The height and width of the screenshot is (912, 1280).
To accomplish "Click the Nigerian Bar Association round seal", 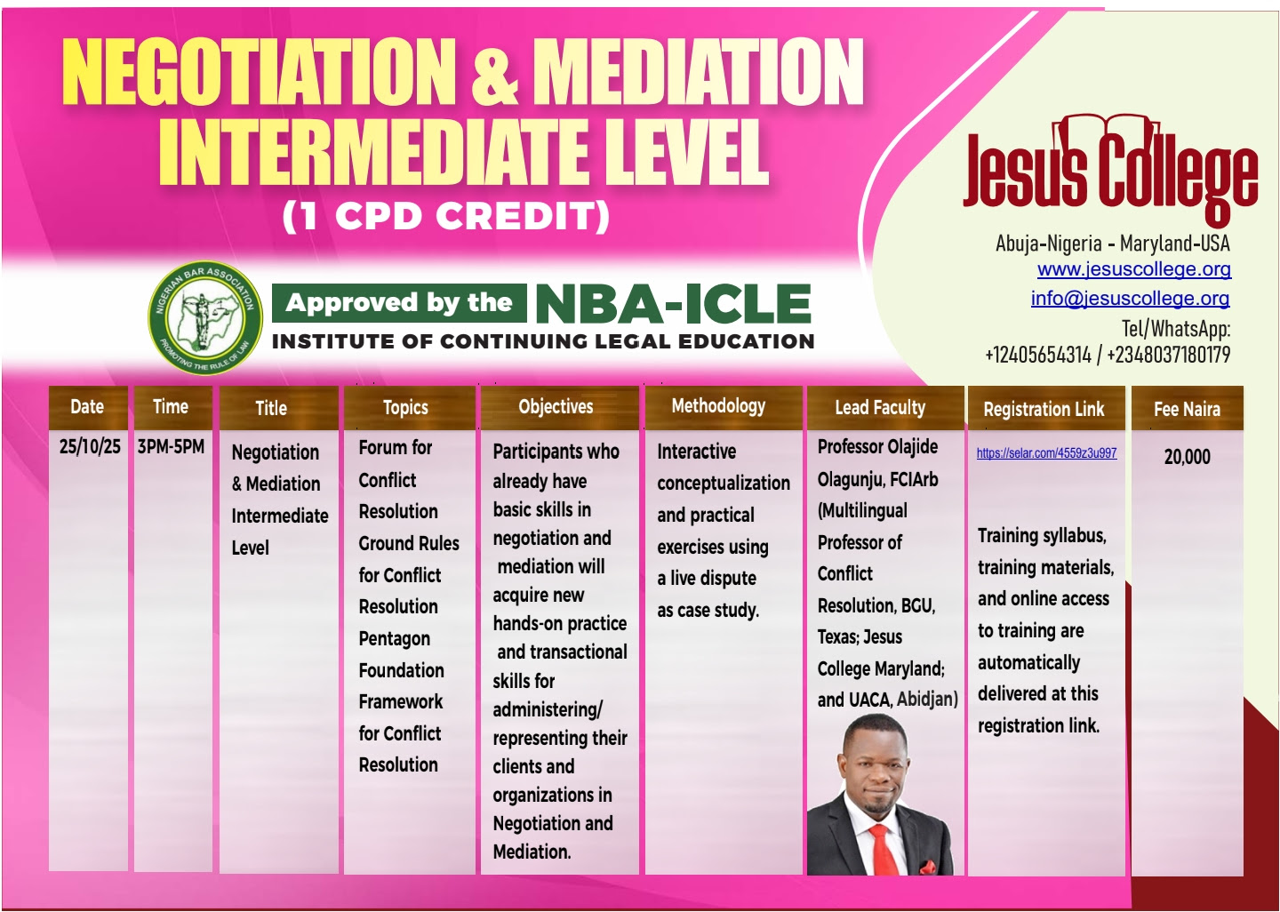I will point(205,317).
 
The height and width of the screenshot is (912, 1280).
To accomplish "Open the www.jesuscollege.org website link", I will point(1133,269).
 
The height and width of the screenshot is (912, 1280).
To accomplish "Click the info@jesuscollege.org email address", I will point(1130,299).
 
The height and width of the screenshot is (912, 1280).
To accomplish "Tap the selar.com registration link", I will point(1046,453).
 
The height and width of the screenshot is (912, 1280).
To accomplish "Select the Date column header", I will point(87,407).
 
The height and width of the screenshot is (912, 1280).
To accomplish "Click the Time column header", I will point(171,407).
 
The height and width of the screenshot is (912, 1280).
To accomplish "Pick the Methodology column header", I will point(718,406).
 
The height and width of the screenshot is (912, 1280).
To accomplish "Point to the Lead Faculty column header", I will point(880,408).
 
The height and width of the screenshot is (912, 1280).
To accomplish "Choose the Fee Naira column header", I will point(1187,409).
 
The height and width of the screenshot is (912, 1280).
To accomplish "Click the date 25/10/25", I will point(90,446).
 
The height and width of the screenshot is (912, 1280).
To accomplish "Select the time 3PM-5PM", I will point(171,446).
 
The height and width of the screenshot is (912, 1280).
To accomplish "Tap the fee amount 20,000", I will point(1187,457).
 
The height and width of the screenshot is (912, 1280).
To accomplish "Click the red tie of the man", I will point(883,849).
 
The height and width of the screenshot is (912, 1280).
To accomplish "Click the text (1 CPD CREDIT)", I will point(445,216).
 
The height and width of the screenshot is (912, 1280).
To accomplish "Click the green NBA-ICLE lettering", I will point(673,304).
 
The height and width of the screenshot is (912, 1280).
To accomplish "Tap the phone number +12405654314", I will point(1037,355).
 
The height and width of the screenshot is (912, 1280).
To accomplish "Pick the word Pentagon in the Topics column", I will point(394,639).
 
